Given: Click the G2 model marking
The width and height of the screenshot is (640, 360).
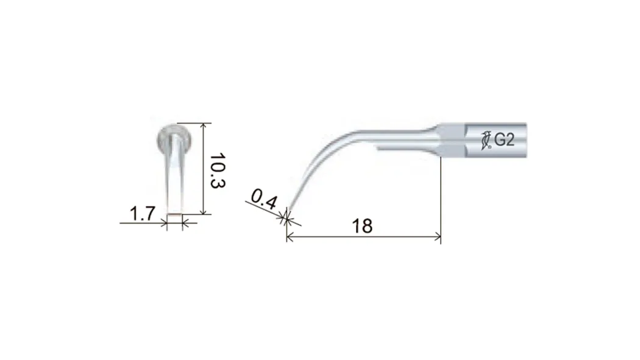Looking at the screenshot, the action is click(x=504, y=140).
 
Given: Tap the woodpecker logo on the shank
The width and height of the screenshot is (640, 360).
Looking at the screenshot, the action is click(x=486, y=140).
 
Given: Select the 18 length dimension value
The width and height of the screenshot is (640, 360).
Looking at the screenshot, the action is click(x=362, y=226).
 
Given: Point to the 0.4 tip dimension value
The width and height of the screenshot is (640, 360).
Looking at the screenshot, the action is click(x=264, y=199).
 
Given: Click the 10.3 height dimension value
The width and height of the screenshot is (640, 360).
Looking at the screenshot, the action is click(x=218, y=171).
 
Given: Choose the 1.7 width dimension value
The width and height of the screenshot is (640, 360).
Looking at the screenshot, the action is click(x=143, y=214).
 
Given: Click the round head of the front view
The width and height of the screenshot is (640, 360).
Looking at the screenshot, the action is click(x=175, y=139).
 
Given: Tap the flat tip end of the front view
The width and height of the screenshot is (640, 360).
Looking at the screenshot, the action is click(x=175, y=213).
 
